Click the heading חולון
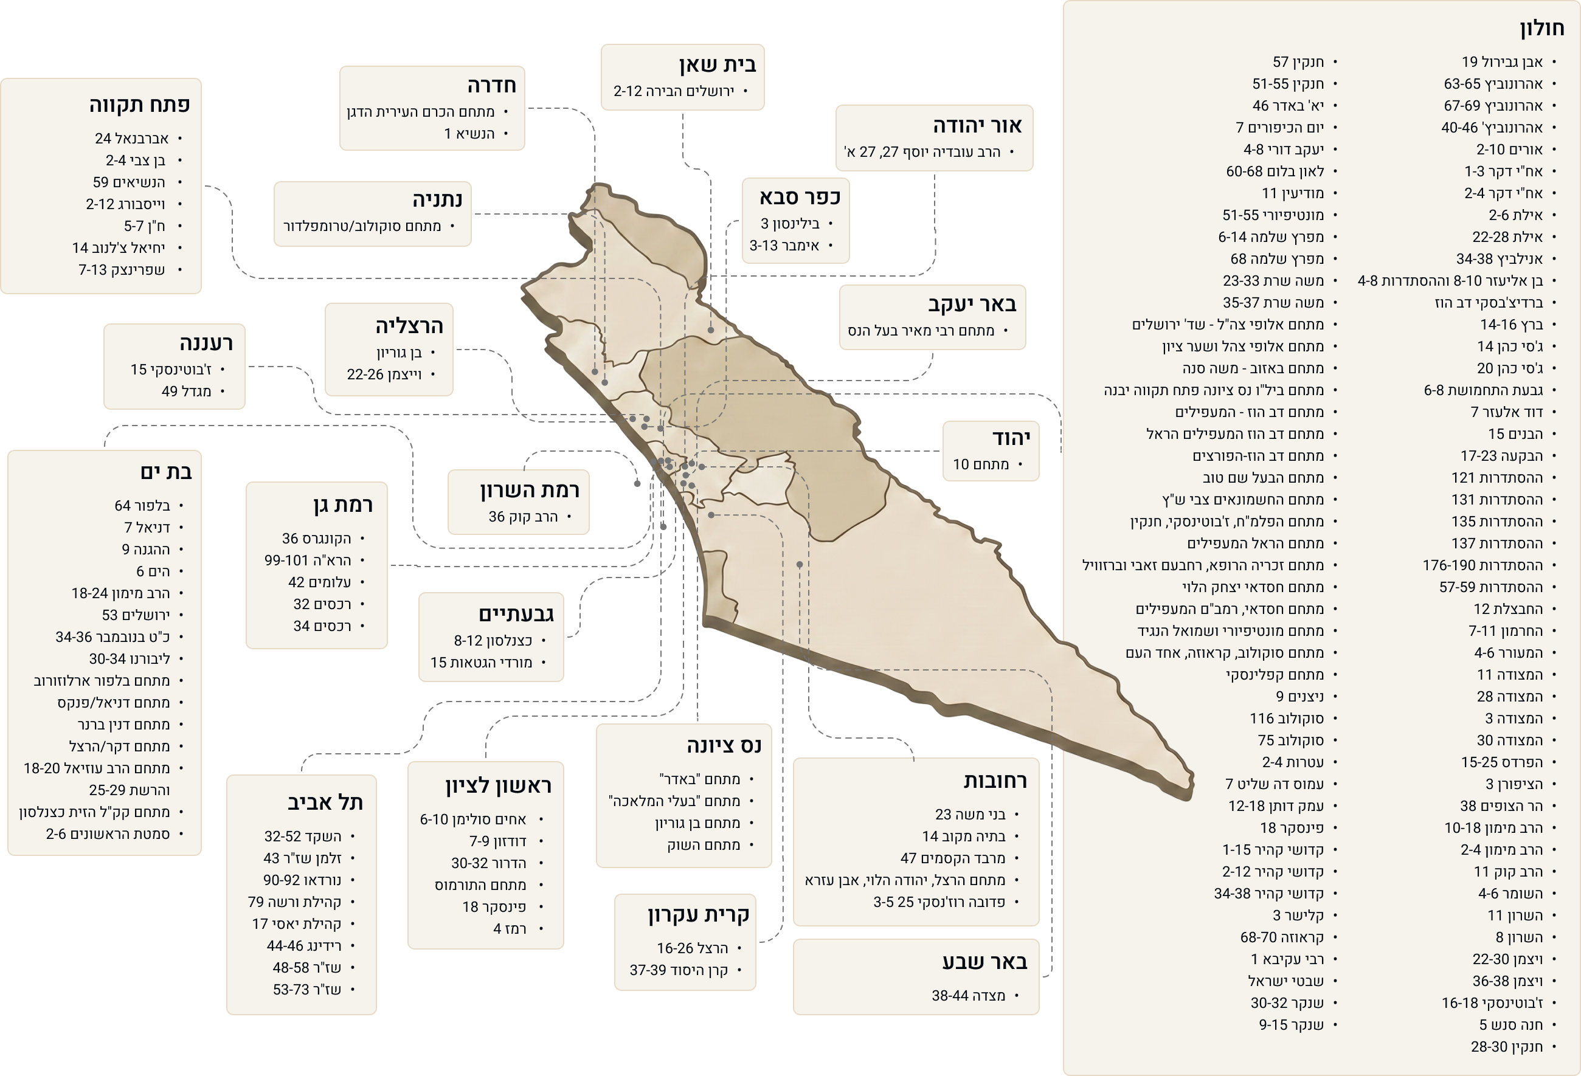tap(1542, 29)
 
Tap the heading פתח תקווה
tap(139, 105)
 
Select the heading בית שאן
tap(717, 64)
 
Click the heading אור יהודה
tap(977, 126)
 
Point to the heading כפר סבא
tap(800, 197)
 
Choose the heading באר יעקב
tap(972, 304)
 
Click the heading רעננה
tap(206, 343)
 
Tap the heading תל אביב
tap(325, 802)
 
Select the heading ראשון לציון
tap(499, 785)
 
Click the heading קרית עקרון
tap(698, 915)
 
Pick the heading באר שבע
tap(984, 962)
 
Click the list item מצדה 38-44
tap(969, 996)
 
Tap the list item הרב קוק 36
tap(523, 517)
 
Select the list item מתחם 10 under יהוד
tap(981, 464)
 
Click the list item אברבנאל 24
tap(132, 139)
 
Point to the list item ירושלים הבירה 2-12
tap(674, 91)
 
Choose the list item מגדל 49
tap(187, 391)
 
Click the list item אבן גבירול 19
tap(1502, 62)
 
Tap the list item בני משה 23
tap(970, 815)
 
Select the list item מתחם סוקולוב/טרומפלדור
tap(362, 226)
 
